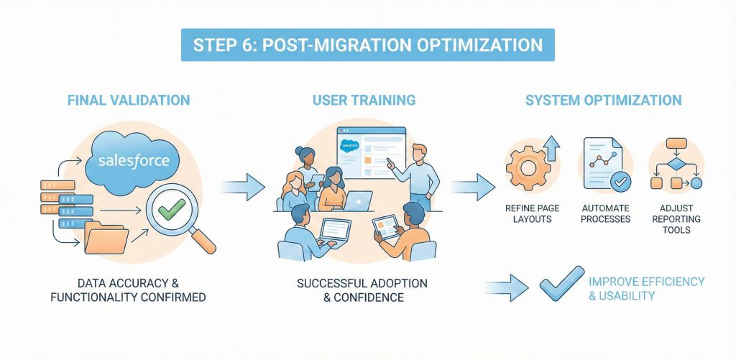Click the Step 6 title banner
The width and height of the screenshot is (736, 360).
coord(367,45)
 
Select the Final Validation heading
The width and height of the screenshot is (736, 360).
coord(129,100)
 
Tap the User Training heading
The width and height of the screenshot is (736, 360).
coord(364,100)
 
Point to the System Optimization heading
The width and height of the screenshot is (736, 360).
coord(603,100)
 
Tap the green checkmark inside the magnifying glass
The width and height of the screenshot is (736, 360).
coord(172,209)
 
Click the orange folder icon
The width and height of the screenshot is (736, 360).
coord(106,238)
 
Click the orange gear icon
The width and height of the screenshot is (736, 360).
coord(528,167)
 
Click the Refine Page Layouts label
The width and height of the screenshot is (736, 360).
coord(533,213)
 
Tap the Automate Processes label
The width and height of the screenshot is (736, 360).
coord(604,213)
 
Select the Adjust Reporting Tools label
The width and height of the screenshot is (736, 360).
coord(677,218)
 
